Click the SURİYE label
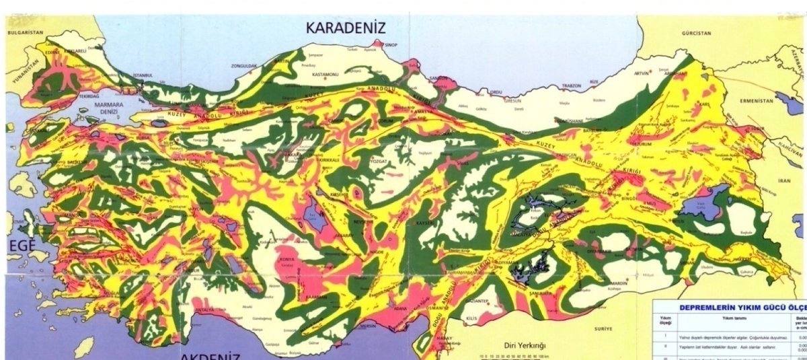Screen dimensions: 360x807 603,328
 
